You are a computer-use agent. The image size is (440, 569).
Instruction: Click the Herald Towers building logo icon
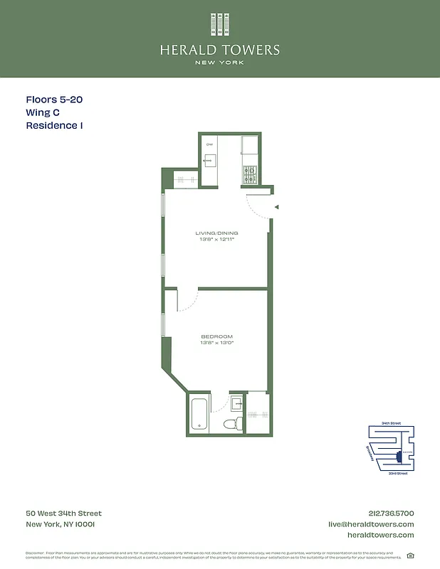(219, 24)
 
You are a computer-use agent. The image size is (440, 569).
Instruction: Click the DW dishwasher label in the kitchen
(209, 145)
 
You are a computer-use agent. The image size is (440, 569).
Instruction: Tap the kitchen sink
(210, 160)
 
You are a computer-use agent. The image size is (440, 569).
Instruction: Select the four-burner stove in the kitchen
(250, 171)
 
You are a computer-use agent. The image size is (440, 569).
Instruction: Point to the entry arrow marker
(277, 207)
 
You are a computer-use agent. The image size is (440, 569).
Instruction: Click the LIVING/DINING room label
(216, 233)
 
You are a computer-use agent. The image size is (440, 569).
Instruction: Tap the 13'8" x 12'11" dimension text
(216, 240)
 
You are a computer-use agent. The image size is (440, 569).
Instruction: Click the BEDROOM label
(216, 336)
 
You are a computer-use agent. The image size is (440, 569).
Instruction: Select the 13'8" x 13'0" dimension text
(216, 343)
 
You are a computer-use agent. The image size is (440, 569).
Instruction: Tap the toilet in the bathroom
(230, 425)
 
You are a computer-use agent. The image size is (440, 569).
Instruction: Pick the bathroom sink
(237, 403)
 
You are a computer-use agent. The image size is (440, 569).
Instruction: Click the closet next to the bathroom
(256, 413)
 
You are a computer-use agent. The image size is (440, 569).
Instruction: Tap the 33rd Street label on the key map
(398, 473)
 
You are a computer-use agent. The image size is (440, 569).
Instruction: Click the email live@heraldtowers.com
(370, 524)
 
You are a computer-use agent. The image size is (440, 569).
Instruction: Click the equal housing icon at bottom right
(410, 556)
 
